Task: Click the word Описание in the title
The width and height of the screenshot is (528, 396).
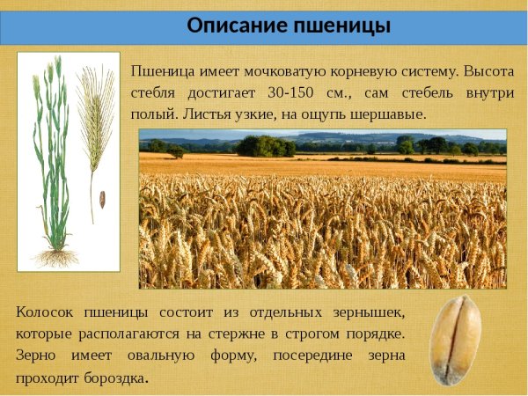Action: click(231, 26)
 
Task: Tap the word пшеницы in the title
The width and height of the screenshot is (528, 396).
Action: click(338, 26)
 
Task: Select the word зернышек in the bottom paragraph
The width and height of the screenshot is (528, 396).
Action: click(367, 312)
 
